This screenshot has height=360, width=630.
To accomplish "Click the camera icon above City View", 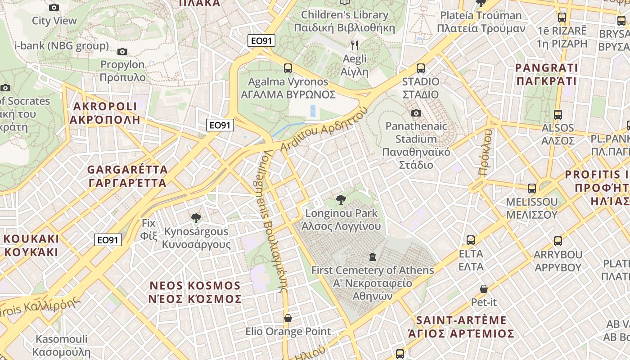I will coord(54,7).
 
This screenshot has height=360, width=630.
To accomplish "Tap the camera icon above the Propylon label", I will coord(122,51).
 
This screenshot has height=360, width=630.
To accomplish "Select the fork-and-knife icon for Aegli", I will coord(355,45).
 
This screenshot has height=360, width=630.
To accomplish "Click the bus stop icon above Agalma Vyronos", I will coord(288,68).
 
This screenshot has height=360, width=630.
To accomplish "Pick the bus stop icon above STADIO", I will coord(421,68).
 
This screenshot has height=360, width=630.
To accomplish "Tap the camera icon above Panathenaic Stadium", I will coord(417,113).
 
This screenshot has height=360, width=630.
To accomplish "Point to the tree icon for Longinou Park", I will coord(341,199).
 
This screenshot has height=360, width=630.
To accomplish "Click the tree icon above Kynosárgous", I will coord(196,218).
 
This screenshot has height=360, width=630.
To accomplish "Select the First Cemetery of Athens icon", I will coord(372,257).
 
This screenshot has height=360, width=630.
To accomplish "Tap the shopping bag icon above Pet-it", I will coord(484,288).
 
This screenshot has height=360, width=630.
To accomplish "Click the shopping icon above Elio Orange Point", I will coord(288,318).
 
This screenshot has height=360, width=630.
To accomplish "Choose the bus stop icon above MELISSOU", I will coord(532,189).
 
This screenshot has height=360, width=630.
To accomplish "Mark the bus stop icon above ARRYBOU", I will coord(558,241).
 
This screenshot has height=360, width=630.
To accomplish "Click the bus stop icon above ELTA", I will coord(471,240).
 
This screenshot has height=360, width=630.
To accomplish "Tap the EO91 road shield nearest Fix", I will coord(108,240).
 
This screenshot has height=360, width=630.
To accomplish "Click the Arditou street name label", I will coord(324,130).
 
